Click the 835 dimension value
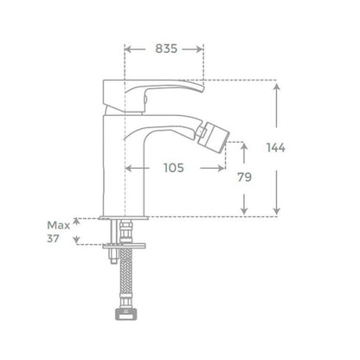(166, 48)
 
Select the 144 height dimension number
(276, 148)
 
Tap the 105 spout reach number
(174, 168)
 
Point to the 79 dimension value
(244, 177)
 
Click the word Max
(59, 225)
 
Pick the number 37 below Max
(53, 239)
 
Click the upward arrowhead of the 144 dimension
(276, 87)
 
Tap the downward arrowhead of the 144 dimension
(276, 211)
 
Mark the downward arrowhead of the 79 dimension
(244, 211)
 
